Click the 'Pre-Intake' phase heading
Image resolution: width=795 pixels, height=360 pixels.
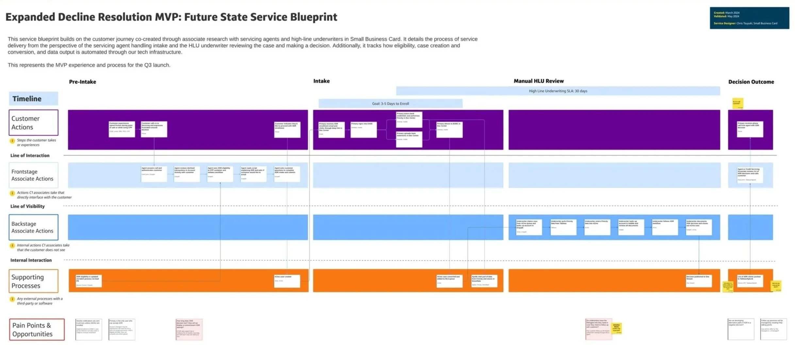82,82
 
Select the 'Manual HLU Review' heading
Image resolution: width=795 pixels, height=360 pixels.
538,81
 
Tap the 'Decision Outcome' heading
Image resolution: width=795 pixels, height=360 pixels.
751,82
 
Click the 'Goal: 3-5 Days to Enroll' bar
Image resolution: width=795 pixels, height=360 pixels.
390,104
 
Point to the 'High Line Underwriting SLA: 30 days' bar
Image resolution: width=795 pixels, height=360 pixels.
557,91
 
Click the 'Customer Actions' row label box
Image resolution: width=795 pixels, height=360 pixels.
33,123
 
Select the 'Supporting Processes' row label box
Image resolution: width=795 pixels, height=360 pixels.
33,281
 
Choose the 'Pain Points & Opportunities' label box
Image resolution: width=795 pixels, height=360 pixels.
37,329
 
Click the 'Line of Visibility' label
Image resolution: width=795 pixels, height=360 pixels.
27,206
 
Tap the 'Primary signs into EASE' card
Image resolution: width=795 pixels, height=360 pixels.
363,130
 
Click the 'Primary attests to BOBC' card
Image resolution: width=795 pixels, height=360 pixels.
449,130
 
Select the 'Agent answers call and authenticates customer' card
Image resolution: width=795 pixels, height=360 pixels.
154,174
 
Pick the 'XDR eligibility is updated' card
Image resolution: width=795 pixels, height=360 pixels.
89,281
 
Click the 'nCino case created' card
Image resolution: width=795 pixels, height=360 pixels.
287,281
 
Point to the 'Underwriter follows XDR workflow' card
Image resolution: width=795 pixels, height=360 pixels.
665,227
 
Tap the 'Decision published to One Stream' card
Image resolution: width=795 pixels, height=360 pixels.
698,281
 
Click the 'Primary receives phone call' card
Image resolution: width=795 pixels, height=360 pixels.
750,129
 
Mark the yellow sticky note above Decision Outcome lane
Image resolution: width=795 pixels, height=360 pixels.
737,103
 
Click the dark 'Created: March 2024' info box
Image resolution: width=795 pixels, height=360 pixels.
749,18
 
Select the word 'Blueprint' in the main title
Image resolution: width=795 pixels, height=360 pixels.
313,17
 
